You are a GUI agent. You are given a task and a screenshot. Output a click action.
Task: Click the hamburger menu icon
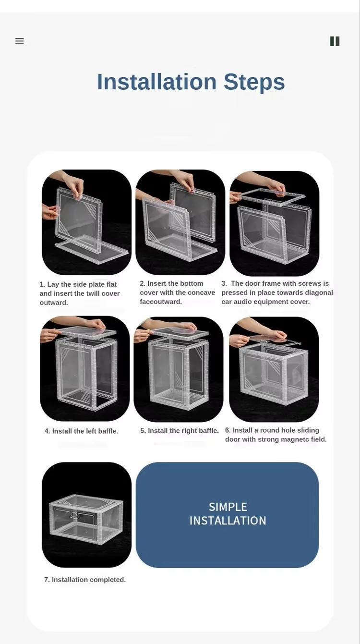click(19, 41)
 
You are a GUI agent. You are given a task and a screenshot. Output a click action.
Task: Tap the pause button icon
click(335, 41)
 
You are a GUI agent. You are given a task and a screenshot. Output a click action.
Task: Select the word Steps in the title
click(254, 83)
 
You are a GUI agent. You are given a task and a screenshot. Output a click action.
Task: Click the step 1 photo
click(86, 222)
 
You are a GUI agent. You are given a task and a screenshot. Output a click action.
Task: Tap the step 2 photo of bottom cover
click(180, 222)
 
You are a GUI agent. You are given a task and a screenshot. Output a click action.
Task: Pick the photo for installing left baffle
click(85, 368)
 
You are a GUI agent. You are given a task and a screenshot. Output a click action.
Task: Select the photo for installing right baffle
click(179, 369)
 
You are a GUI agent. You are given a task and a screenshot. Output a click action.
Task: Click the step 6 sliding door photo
click(274, 369)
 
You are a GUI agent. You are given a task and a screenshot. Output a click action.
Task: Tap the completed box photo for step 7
click(86, 514)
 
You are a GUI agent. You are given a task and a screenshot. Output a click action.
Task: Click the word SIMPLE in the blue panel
click(228, 507)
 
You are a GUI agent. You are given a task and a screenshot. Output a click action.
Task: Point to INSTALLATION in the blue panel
click(228, 521)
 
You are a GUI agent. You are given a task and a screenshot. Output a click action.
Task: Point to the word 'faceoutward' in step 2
click(161, 302)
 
